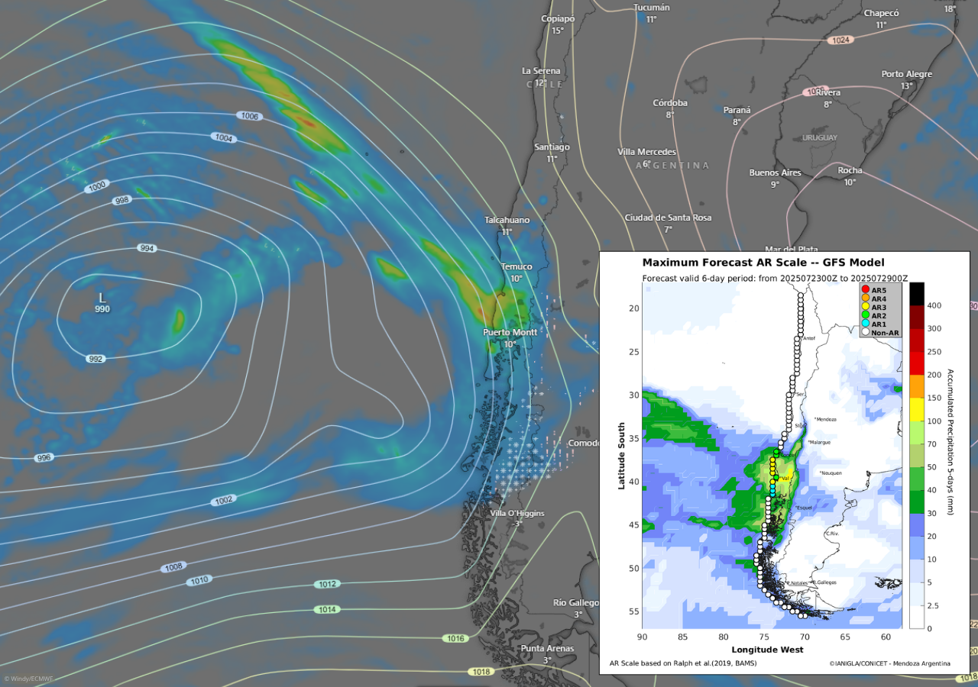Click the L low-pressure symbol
102,297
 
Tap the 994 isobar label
147,248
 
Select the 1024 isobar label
840,40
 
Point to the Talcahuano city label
507,220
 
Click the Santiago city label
552,147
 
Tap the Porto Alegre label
906,74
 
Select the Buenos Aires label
775,173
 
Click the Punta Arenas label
547,648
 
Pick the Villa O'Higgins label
517,513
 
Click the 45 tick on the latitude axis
633,525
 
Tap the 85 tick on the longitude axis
682,637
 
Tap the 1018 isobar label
481,672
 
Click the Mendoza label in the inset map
827,418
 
